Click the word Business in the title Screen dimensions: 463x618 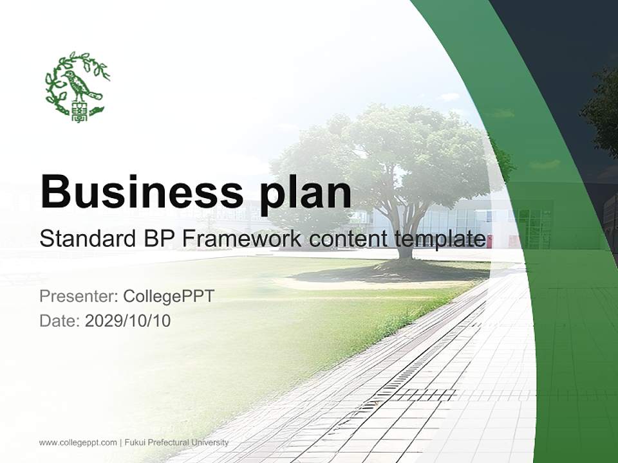(x=135, y=192)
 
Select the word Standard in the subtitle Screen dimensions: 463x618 (x=85, y=239)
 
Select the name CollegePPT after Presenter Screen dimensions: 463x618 (x=168, y=296)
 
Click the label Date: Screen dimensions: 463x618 (x=60, y=320)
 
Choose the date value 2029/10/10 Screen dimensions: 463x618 (x=127, y=320)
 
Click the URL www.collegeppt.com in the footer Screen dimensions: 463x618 (x=78, y=442)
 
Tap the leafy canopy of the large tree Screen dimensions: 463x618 (x=393, y=154)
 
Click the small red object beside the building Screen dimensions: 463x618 (x=490, y=241)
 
